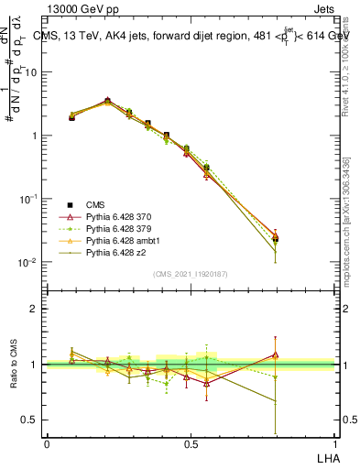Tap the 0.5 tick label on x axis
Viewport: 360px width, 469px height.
190,444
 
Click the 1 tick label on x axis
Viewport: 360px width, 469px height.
334,444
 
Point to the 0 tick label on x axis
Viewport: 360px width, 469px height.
47,444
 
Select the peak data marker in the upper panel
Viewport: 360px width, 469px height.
107,101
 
